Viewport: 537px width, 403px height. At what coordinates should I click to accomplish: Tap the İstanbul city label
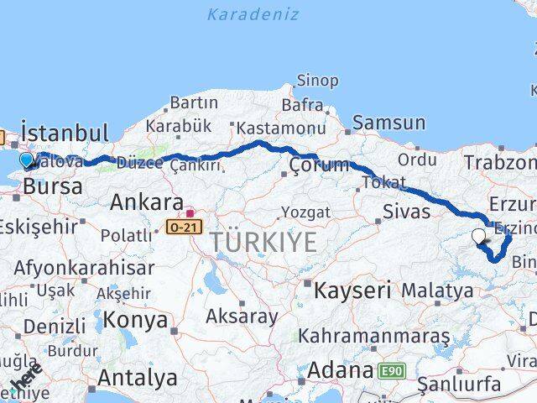pos(65,133)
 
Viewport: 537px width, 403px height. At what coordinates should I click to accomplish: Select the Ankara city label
pos(146,202)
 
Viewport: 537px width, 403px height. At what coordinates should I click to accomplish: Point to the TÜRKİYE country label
pos(263,243)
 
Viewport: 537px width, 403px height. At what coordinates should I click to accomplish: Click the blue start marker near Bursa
pos(27,160)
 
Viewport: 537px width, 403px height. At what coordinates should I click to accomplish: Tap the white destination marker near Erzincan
pos(480,237)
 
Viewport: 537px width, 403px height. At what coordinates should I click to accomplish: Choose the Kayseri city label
pos(352,291)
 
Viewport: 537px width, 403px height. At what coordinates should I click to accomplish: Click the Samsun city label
pos(388,123)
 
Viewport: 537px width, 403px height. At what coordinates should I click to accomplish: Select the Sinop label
pos(317,81)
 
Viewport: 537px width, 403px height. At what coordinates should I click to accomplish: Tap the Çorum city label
pos(319,165)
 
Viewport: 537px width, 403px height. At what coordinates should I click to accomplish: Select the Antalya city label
pos(137,378)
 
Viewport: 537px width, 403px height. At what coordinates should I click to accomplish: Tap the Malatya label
pos(437,291)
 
